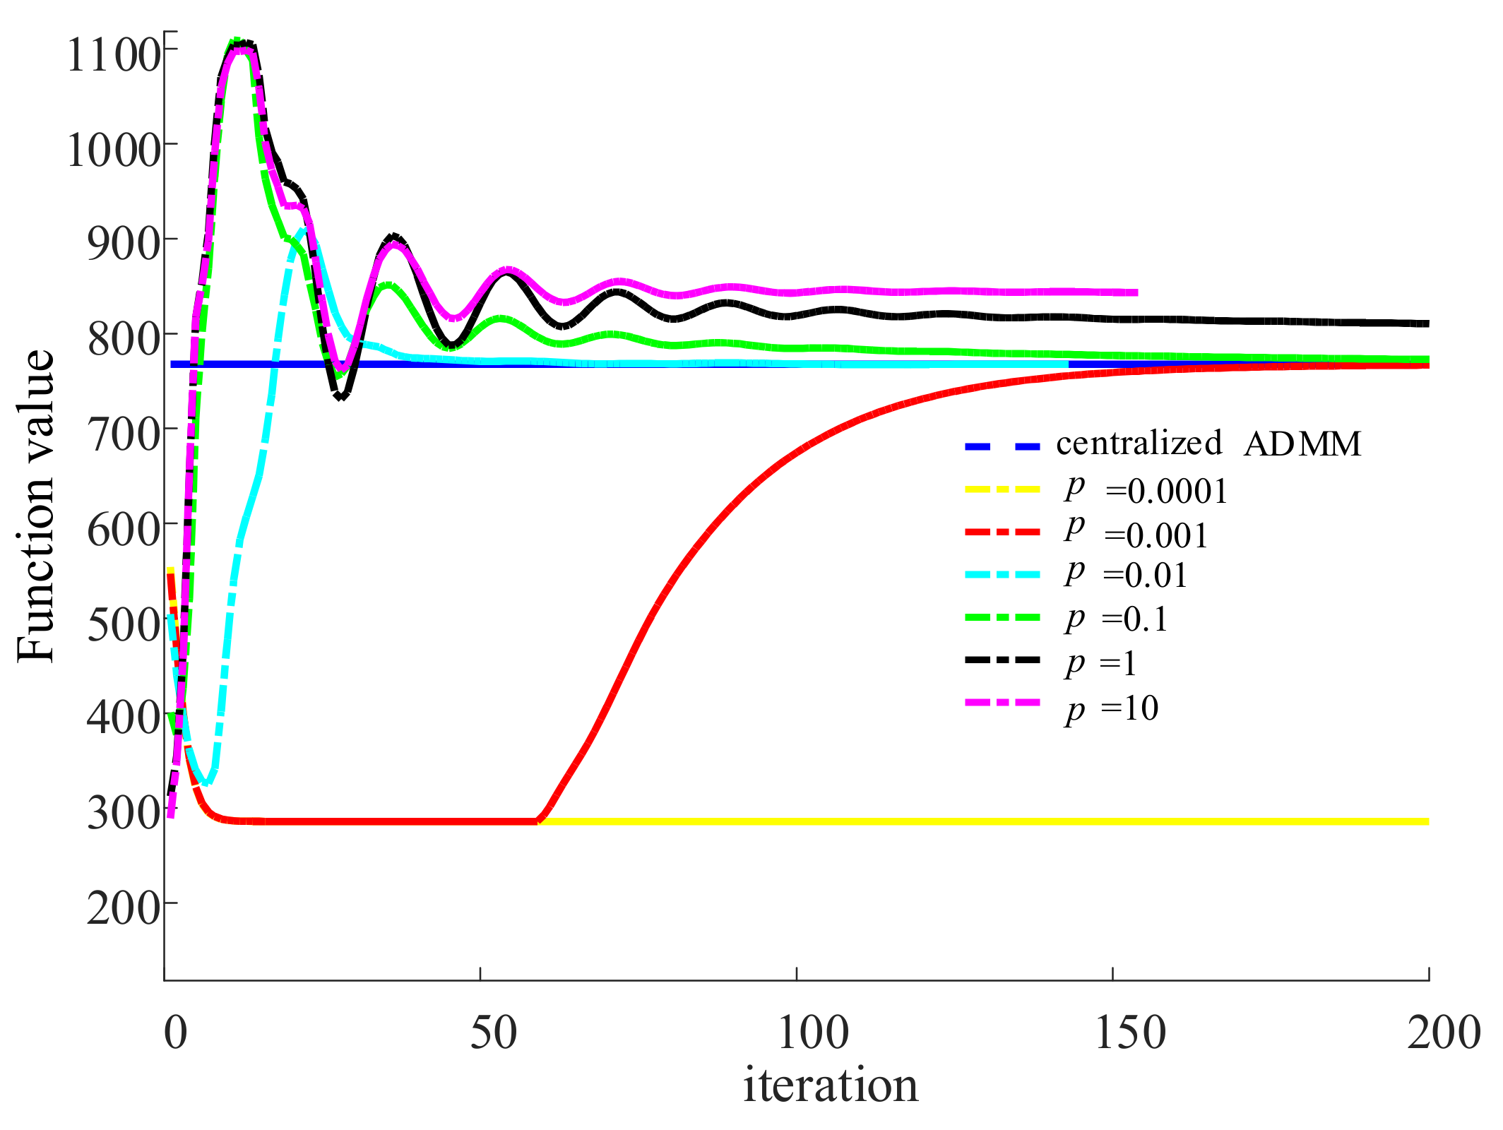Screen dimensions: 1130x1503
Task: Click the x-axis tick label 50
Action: pyautogui.click(x=493, y=1033)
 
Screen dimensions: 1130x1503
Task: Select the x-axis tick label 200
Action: pyautogui.click(x=1444, y=1033)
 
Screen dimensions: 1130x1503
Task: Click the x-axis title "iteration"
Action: pyautogui.click(x=830, y=1086)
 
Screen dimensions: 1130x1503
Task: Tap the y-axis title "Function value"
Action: pyautogui.click(x=35, y=506)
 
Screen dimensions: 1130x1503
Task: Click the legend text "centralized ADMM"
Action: pyautogui.click(x=1208, y=444)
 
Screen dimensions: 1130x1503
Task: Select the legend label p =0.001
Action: pyautogui.click(x=1136, y=534)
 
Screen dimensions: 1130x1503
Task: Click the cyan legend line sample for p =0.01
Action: pyautogui.click(x=1002, y=574)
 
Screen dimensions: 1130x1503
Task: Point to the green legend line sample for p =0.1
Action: pyautogui.click(x=1002, y=617)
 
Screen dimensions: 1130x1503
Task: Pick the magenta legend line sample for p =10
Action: pyautogui.click(x=1002, y=703)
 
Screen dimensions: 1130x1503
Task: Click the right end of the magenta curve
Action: pyautogui.click(x=1136, y=292)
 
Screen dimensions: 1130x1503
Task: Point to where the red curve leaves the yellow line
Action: pyautogui.click(x=540, y=820)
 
